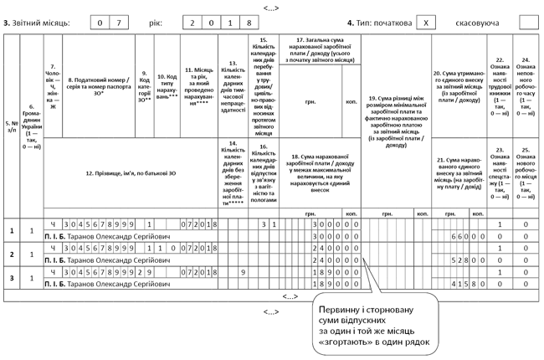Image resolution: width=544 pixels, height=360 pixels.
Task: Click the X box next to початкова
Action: click(x=427, y=21)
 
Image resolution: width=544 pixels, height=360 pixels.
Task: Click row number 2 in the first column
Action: click(x=11, y=255)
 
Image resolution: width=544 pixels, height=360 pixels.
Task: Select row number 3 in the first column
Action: click(x=11, y=278)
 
